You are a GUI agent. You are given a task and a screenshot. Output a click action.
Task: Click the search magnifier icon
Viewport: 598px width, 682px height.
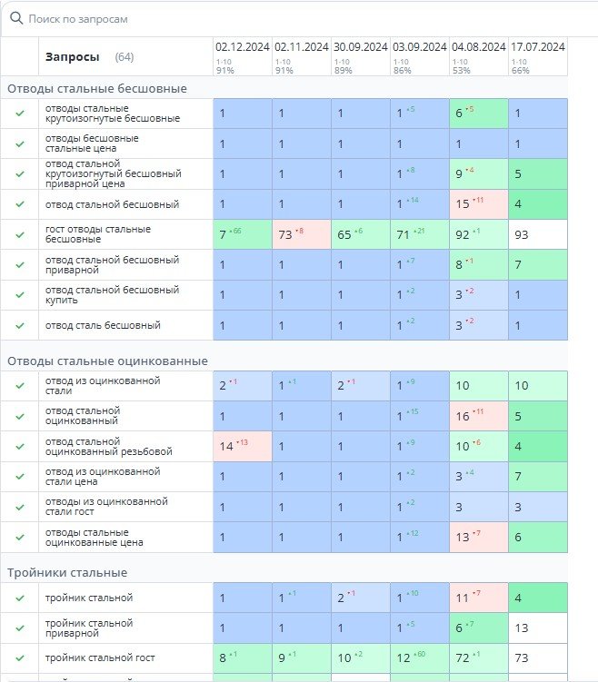(x=15, y=18)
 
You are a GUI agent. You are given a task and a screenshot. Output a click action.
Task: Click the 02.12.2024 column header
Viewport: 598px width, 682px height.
(x=242, y=47)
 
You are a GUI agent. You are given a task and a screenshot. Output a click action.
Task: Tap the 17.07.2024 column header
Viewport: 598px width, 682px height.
(x=537, y=47)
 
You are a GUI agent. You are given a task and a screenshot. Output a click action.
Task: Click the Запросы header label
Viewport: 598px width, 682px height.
(x=72, y=56)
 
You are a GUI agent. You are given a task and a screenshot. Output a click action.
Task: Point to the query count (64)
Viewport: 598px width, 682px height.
(x=125, y=56)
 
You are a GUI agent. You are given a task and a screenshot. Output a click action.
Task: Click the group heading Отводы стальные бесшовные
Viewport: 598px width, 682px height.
(x=97, y=88)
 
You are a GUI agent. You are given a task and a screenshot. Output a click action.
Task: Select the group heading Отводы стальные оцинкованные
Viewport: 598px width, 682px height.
(x=107, y=361)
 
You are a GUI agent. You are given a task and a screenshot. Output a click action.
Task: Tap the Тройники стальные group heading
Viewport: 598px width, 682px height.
(x=67, y=572)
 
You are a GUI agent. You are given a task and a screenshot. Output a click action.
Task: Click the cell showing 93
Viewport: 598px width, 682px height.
(x=537, y=234)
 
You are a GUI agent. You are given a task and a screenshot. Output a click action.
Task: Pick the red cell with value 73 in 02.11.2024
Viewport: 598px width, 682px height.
(x=301, y=234)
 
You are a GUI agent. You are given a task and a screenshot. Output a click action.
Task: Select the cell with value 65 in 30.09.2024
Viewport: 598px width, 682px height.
(x=360, y=234)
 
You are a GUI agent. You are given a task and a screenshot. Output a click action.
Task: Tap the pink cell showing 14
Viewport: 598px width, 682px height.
(x=242, y=446)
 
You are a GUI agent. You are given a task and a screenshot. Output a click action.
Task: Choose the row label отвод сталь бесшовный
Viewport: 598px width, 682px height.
(x=103, y=325)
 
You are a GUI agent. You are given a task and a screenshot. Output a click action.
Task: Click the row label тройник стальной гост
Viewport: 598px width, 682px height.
(x=100, y=657)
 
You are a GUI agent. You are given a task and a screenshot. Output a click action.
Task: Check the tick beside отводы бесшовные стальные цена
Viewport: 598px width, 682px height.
(x=19, y=143)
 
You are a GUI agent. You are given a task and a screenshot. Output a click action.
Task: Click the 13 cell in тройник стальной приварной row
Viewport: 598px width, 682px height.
(x=537, y=628)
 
